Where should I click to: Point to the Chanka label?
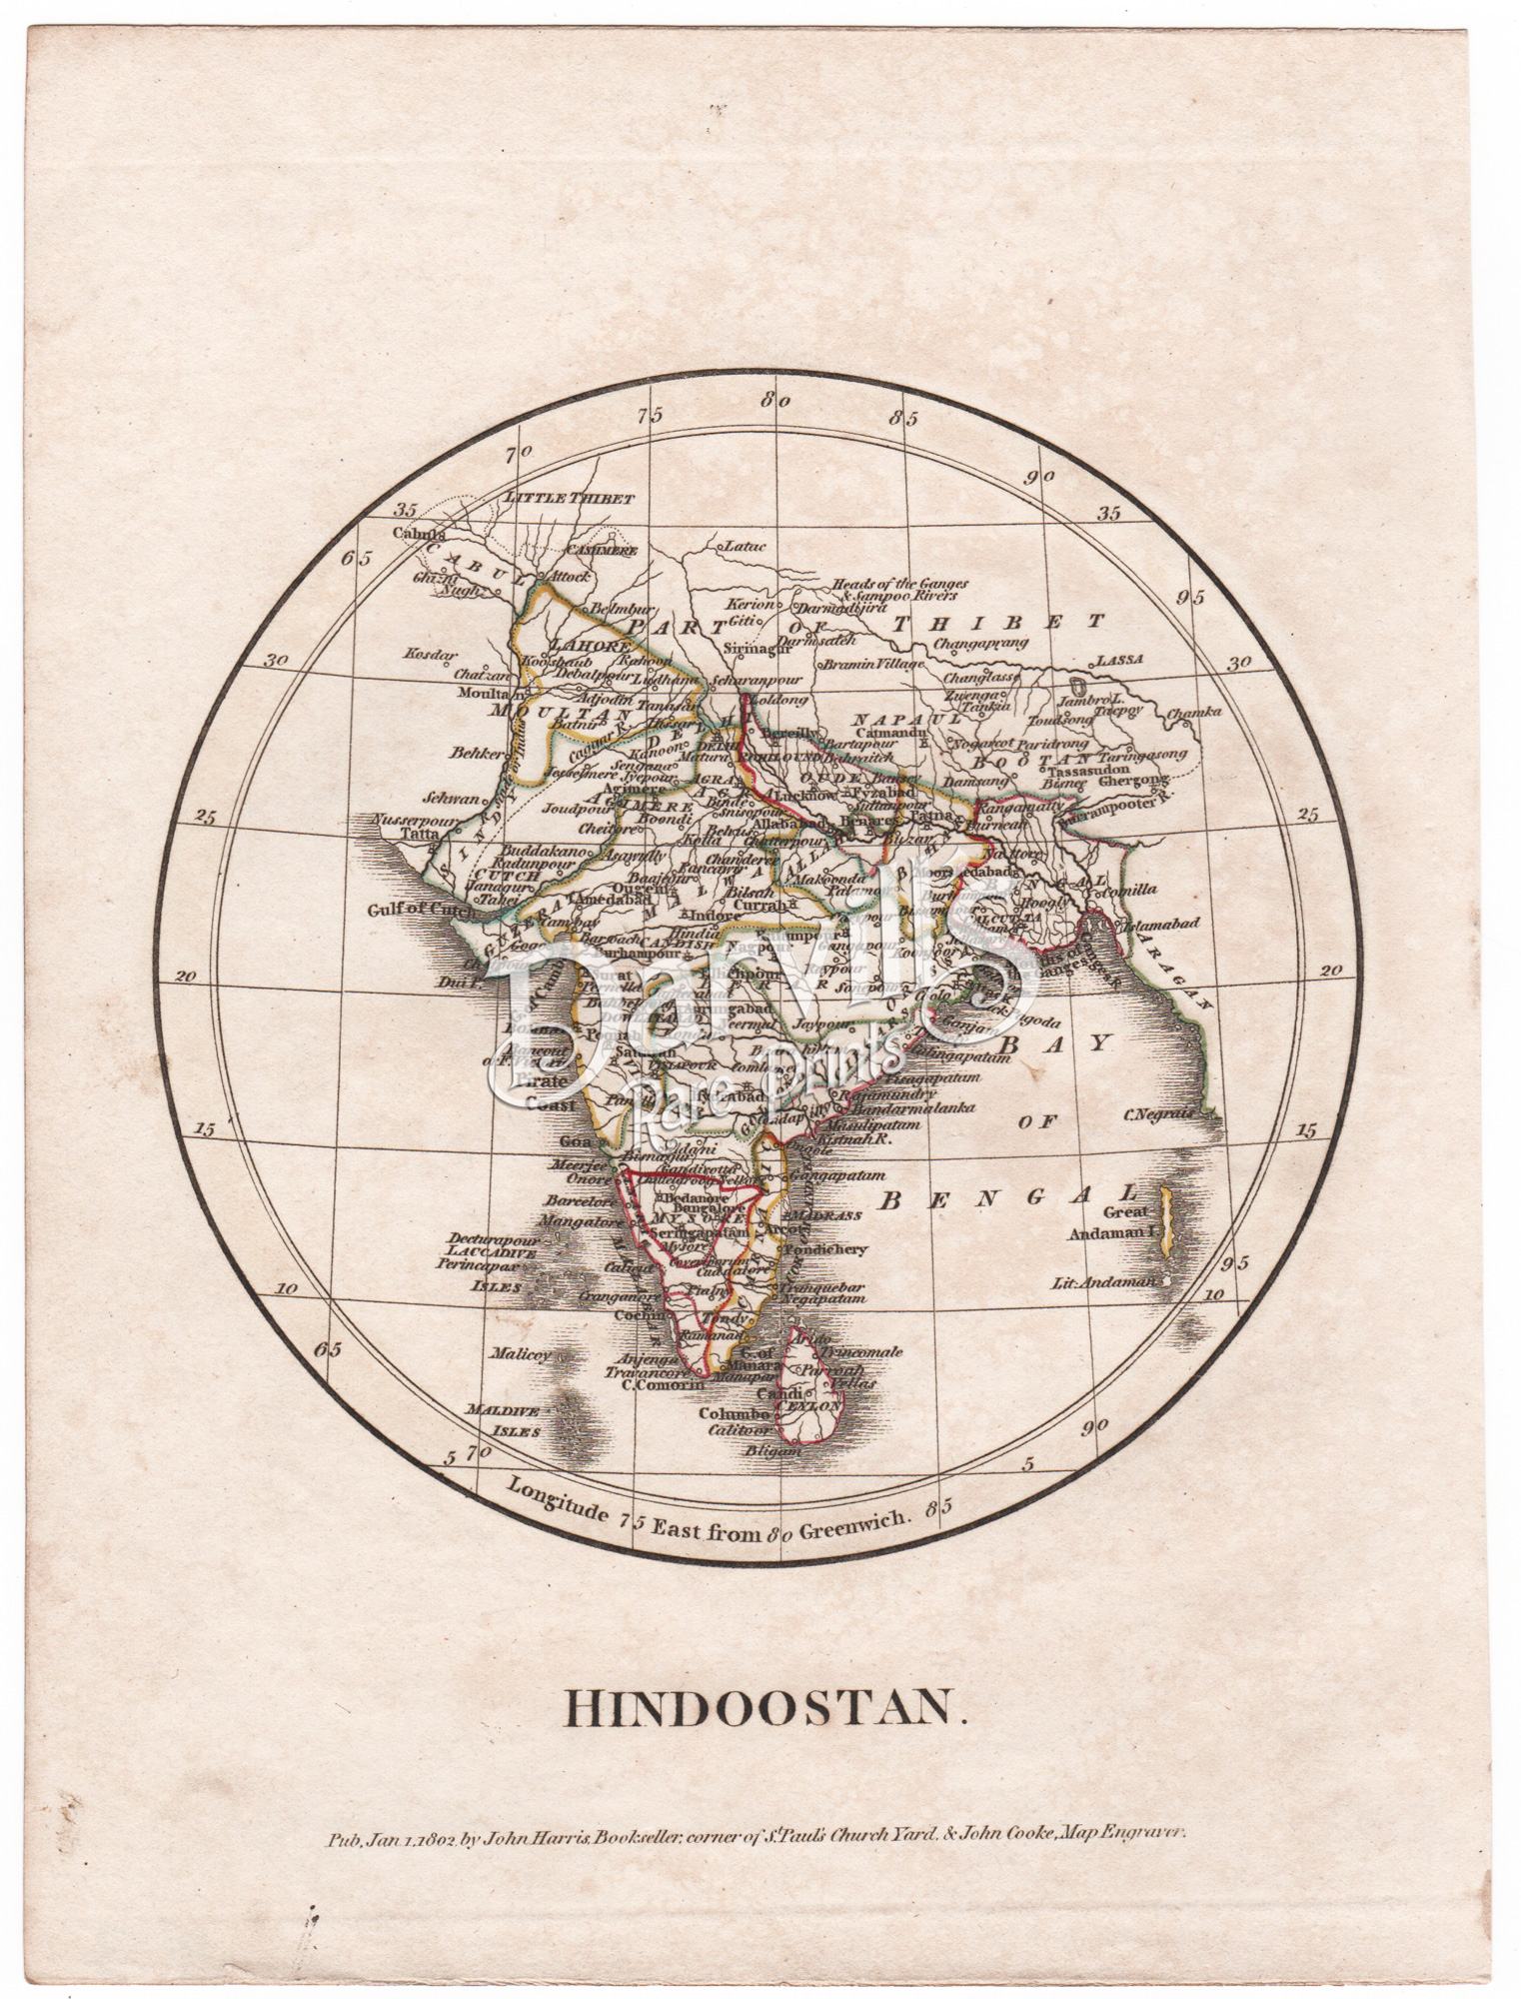(x=1199, y=712)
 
